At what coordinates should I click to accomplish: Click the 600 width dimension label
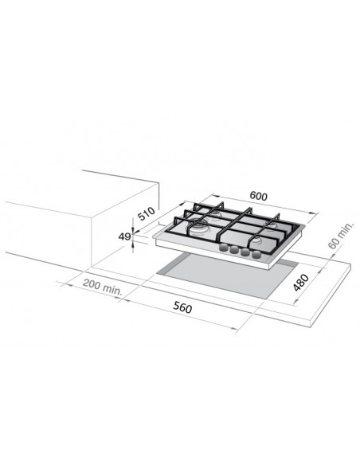click(258, 196)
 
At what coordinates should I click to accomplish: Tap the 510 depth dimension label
click(147, 213)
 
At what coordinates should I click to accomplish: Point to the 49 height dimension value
click(124, 236)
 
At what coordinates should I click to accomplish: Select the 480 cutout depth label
click(301, 283)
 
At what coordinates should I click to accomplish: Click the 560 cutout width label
click(182, 307)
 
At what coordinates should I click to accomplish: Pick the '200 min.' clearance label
click(102, 287)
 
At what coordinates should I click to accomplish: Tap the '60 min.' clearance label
click(341, 235)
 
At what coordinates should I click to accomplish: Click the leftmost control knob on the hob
click(223, 248)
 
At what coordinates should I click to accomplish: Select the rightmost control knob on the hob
click(256, 254)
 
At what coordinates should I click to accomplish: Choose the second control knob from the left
click(234, 250)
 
